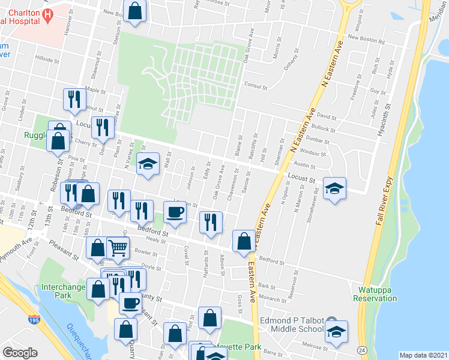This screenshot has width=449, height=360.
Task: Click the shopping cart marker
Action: click(x=118, y=247)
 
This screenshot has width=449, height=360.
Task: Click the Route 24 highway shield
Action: click(x=363, y=349)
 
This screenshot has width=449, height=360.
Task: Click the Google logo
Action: click(x=20, y=352)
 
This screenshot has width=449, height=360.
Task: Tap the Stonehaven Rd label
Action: click(x=316, y=207)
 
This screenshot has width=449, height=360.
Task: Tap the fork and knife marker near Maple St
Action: click(x=74, y=100)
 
